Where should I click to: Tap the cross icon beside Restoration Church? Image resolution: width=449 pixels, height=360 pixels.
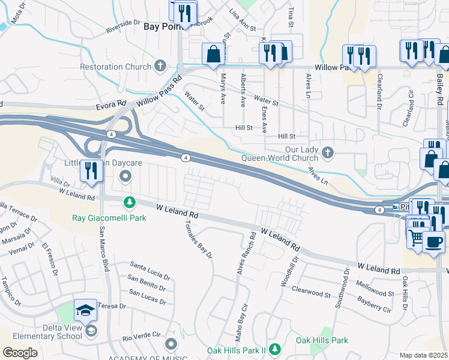point(160,66)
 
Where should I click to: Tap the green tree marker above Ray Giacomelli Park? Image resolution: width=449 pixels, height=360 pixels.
point(128,202)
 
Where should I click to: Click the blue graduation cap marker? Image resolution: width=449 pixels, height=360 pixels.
point(85,311)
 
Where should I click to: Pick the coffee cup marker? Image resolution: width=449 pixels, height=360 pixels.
point(433,242)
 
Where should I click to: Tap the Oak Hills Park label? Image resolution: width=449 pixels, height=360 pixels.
point(322,340)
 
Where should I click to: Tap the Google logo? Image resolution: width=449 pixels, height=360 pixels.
point(20,352)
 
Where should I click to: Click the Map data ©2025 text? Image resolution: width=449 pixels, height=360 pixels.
point(424,355)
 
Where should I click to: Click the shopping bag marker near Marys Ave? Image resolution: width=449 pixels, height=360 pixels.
point(214,54)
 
